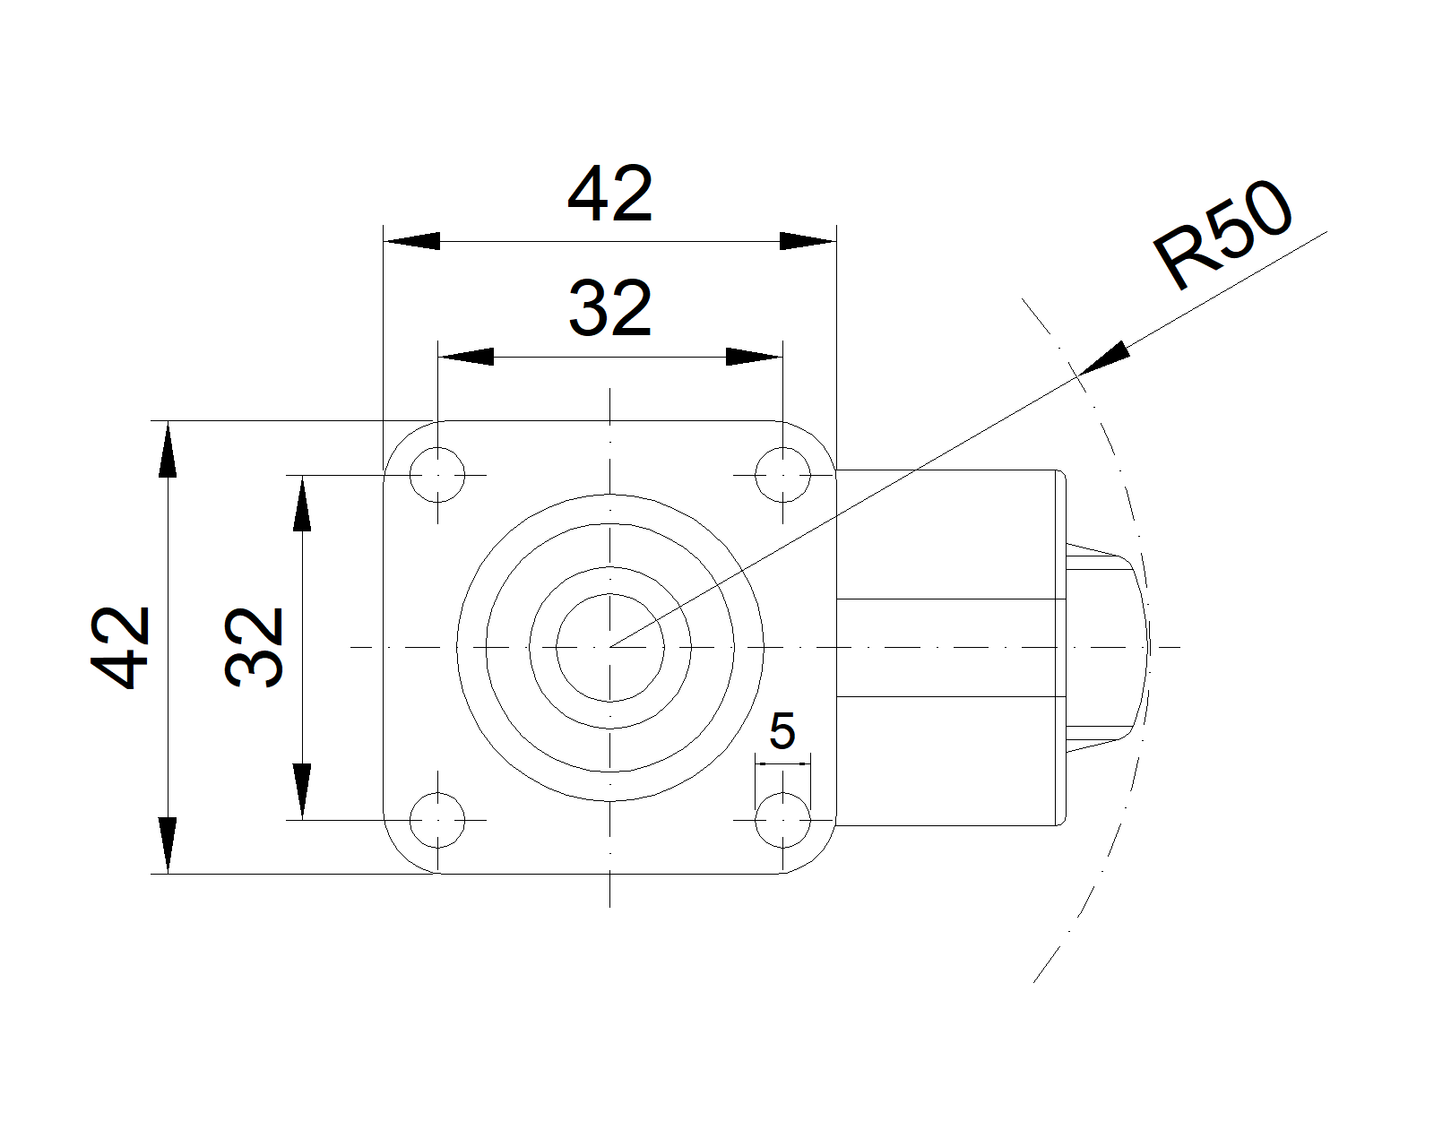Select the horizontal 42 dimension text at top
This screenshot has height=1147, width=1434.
(x=609, y=194)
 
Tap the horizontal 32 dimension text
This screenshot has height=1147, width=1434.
(x=609, y=308)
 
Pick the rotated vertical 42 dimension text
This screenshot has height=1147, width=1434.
(x=121, y=647)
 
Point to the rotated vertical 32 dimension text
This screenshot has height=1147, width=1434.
(x=255, y=647)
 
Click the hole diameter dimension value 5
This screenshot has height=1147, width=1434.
(x=782, y=731)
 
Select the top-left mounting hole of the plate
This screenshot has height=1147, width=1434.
(x=437, y=475)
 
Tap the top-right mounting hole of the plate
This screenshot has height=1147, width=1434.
(x=783, y=475)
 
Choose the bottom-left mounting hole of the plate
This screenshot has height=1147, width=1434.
(x=437, y=821)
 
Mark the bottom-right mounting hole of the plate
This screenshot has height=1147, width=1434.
(x=783, y=821)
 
